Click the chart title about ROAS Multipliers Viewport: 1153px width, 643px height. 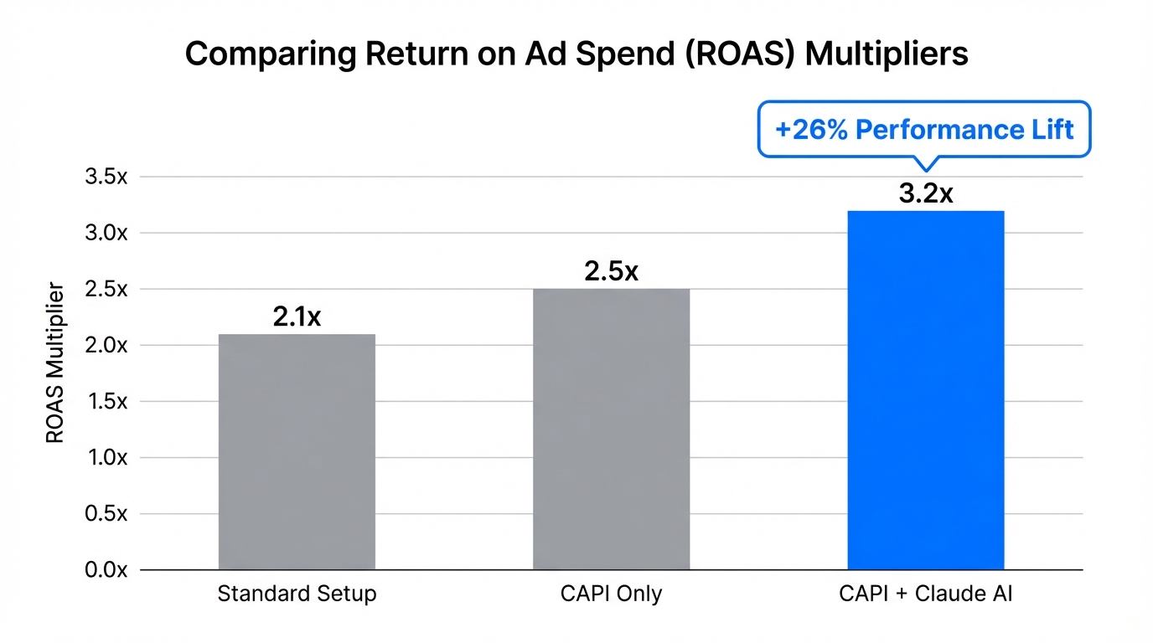576,54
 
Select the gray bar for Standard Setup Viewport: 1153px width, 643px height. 297,452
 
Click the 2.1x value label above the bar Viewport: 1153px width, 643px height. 297,317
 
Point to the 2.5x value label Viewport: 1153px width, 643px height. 611,272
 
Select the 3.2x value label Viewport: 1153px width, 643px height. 925,193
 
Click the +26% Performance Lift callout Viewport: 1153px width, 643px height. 924,130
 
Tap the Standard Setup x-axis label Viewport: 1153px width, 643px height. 297,594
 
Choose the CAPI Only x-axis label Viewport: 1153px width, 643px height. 611,594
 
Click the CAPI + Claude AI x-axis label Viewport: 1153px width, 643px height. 926,594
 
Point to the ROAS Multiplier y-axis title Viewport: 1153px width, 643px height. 55,362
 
